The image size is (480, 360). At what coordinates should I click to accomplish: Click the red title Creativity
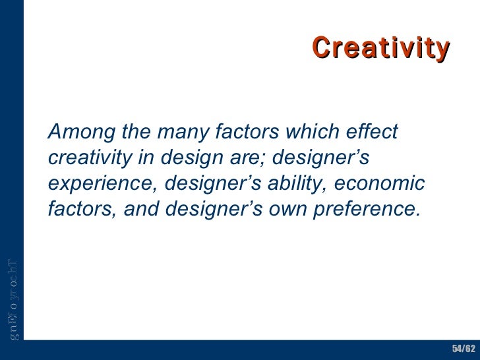[x=380, y=47]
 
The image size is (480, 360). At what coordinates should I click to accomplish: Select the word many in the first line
[x=181, y=133]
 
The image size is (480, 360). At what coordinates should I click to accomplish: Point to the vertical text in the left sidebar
[x=13, y=298]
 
